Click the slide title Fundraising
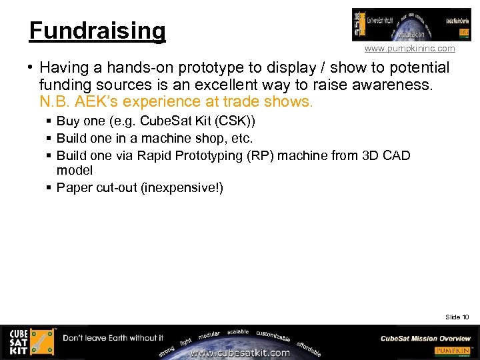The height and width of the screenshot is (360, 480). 97,31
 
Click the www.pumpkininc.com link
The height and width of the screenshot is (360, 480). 409,49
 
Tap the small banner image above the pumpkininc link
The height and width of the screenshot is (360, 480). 411,25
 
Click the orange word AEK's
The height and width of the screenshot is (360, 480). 99,102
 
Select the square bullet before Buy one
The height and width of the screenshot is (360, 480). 49,121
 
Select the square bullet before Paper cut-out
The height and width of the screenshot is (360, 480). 49,188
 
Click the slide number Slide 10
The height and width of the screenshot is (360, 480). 457,317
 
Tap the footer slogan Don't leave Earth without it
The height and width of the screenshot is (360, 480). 113,338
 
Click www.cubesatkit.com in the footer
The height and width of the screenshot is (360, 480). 240,353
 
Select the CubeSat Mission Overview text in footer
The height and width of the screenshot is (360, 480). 425,338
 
